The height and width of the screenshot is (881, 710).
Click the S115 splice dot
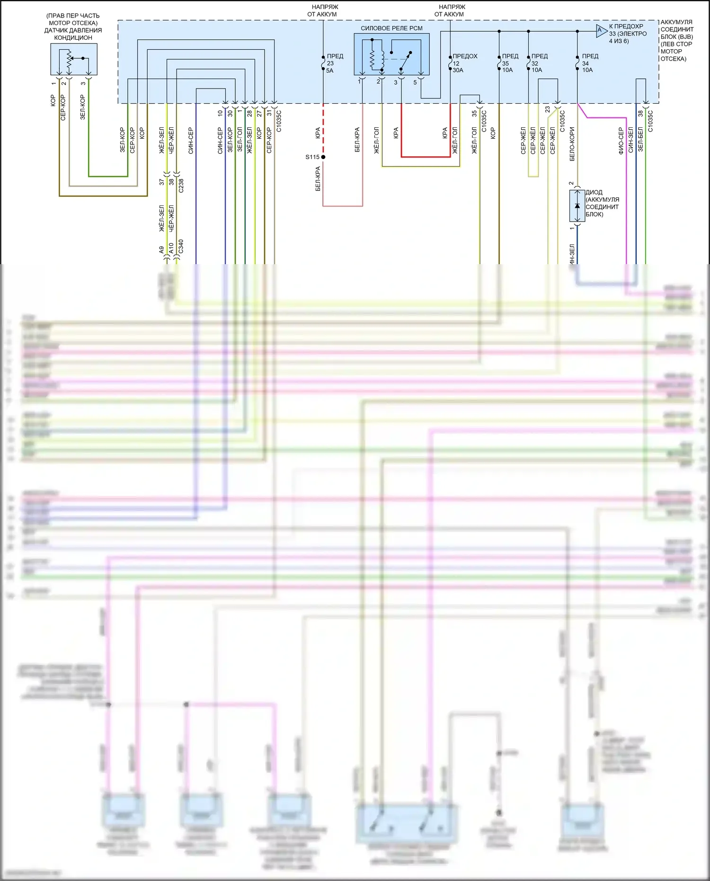pos(323,157)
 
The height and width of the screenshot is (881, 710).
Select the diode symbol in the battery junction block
pos(577,206)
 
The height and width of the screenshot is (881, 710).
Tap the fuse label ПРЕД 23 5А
pos(334,63)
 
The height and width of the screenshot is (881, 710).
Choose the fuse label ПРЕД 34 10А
pos(589,63)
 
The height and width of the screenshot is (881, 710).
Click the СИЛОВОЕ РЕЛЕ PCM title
pos(391,28)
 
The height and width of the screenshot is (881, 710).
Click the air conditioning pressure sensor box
pos(74,59)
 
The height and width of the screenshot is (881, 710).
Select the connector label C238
pos(181,185)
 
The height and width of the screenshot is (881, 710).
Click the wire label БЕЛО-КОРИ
pos(572,144)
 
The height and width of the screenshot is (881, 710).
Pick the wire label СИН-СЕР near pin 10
pos(220,141)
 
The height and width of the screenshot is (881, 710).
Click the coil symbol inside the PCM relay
pos(373,58)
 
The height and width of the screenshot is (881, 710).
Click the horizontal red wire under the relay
pos(426,157)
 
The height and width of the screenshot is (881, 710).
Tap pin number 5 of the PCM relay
pos(415,82)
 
